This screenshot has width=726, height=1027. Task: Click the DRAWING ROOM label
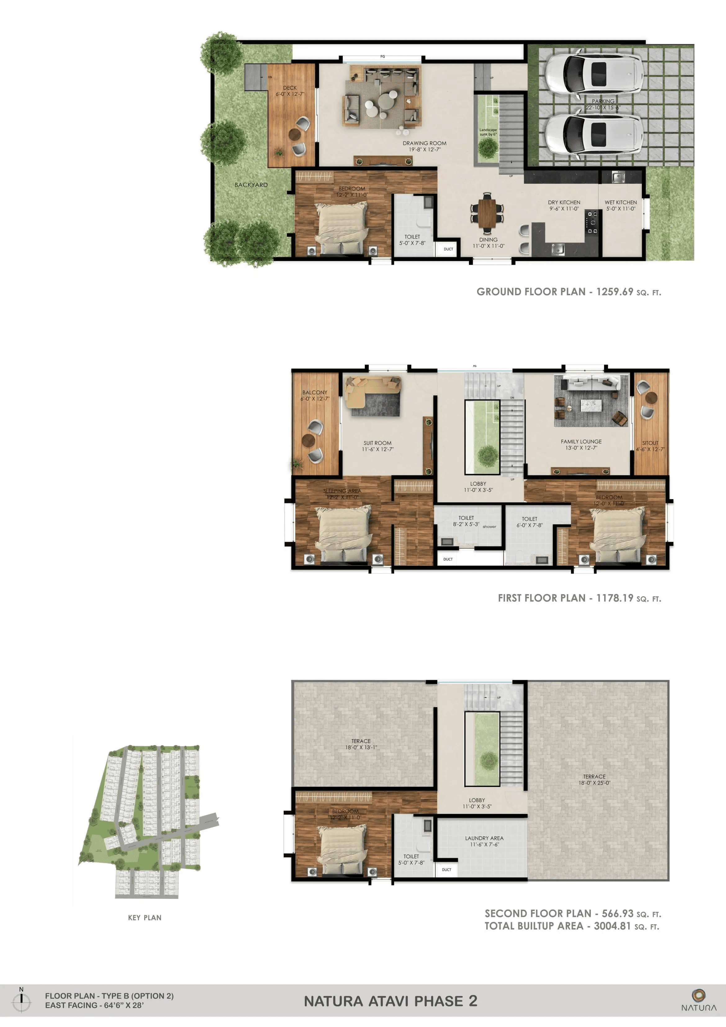[x=424, y=143]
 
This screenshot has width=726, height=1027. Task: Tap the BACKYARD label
[x=251, y=185]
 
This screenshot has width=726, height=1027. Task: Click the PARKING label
[x=603, y=102]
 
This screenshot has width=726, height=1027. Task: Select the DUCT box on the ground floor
[x=448, y=249]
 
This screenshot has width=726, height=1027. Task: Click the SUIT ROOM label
[x=377, y=443]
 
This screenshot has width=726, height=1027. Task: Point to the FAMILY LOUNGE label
[x=581, y=441]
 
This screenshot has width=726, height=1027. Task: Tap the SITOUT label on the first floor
[x=650, y=443]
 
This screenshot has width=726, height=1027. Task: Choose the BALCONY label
[x=314, y=392]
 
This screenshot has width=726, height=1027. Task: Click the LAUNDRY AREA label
[x=484, y=838]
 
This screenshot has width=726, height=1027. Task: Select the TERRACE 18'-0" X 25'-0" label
[x=594, y=776]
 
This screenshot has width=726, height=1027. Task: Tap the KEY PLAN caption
[x=144, y=917]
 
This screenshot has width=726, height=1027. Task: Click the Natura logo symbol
[x=698, y=995]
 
